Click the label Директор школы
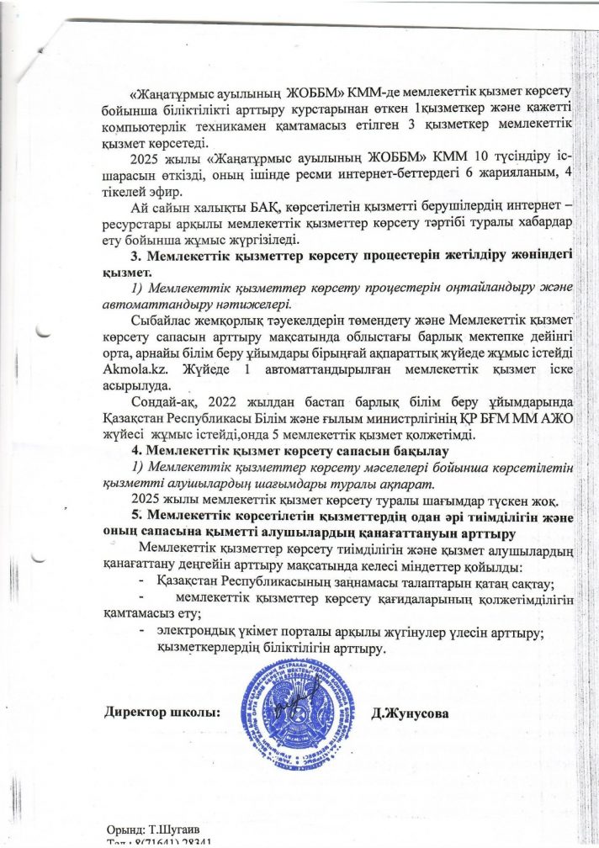click(x=161, y=713)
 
